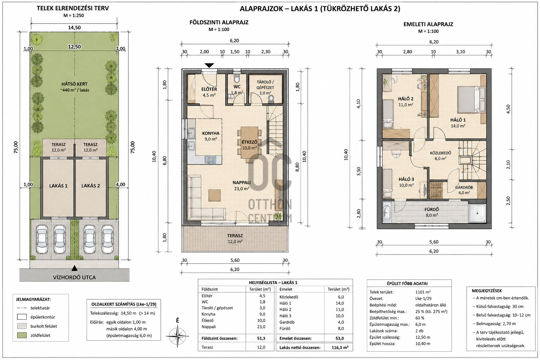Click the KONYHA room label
pos(211,133)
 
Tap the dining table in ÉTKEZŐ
pos(249,142)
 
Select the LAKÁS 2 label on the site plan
pos(90,186)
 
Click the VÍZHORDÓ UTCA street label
pos(74,277)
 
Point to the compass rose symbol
pos(177,336)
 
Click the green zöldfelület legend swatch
pos(22,335)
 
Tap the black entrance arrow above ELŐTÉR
pos(209,65)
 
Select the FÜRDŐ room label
pos(431,209)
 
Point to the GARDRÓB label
pos(464,187)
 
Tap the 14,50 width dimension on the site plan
pos(74,27)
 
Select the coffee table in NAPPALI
pos(214,195)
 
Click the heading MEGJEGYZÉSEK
pos(487,291)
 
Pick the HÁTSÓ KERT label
pos(74,84)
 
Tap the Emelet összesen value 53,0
pos(339,338)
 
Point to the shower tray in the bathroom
pos(477,214)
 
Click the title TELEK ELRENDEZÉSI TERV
pos(72,8)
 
